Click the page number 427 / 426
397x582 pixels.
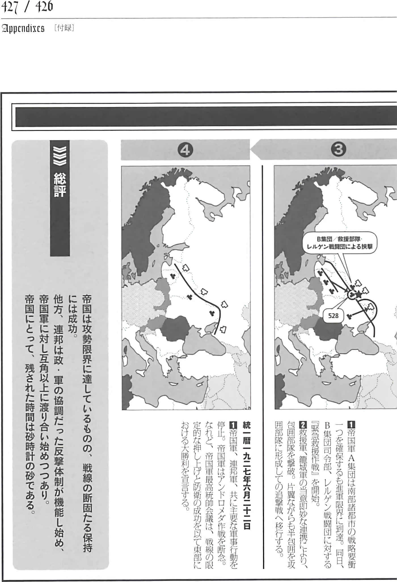click(27, 7)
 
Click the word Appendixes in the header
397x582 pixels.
click(23, 28)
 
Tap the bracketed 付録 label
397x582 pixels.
click(64, 28)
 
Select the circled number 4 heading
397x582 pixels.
click(185, 149)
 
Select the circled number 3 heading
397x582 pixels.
click(338, 149)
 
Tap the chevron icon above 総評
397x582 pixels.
click(60, 156)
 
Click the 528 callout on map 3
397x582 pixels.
click(333, 315)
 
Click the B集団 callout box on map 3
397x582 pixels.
click(340, 243)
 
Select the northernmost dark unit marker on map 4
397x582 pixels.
click(172, 276)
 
